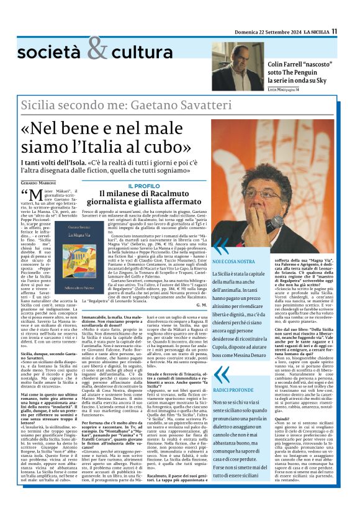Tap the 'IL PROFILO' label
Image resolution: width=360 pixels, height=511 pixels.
pos(144,186)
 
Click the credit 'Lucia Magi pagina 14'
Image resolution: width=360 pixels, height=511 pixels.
pos(290,91)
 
